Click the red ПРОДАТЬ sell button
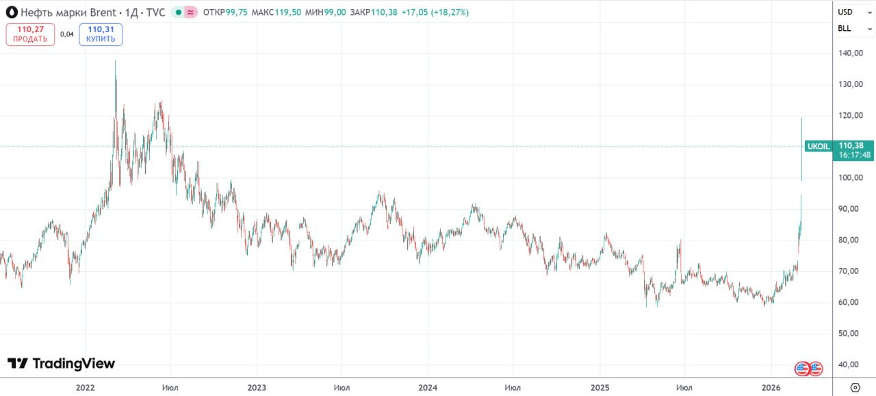click(x=30, y=34)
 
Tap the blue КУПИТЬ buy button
click(x=101, y=34)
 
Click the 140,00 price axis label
click(x=849, y=53)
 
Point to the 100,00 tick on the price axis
click(x=849, y=178)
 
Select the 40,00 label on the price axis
click(x=849, y=365)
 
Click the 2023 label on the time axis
click(x=257, y=388)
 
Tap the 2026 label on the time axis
click(x=771, y=388)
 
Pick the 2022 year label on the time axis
click(x=85, y=388)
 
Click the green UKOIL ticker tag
click(x=819, y=146)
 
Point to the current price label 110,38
click(x=855, y=145)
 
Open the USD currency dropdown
click(x=854, y=12)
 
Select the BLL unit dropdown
click(x=854, y=29)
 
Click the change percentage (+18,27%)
click(x=450, y=12)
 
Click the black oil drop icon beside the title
click(x=12, y=12)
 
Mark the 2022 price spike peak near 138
click(x=115, y=61)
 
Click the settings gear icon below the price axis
click(x=854, y=387)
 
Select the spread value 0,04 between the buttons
click(x=67, y=34)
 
